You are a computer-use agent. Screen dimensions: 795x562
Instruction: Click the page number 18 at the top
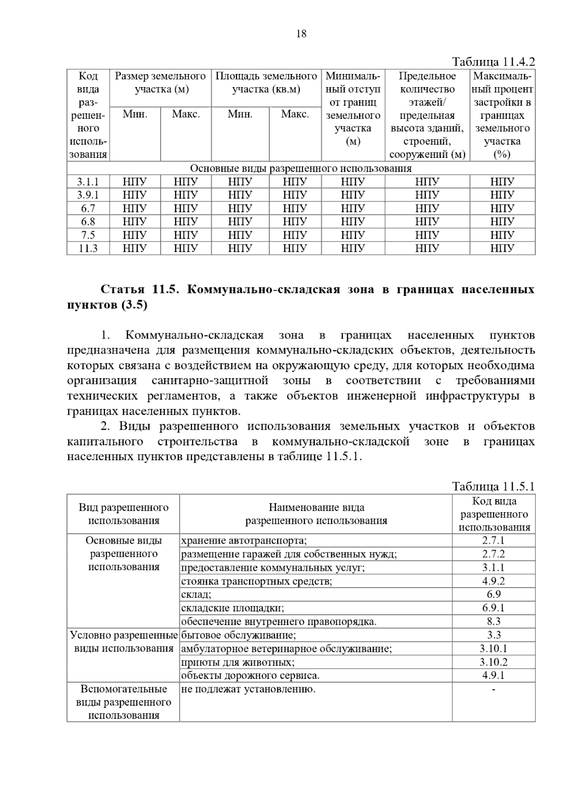[301, 34]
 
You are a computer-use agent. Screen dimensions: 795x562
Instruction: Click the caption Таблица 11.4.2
[493, 62]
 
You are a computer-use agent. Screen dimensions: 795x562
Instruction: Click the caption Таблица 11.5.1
[493, 486]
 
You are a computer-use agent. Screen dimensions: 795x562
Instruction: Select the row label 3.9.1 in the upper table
[88, 195]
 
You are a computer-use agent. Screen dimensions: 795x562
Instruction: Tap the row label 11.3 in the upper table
[88, 248]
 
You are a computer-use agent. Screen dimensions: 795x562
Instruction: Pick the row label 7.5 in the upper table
[88, 235]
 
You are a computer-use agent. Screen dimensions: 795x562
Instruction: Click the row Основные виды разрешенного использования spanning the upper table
[301, 168]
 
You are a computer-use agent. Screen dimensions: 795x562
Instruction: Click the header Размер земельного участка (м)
[160, 82]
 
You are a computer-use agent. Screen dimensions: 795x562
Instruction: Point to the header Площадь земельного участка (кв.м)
[266, 82]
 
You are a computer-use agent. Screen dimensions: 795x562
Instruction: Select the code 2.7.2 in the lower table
[494, 554]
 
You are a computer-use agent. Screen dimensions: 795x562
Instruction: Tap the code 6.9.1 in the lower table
[494, 608]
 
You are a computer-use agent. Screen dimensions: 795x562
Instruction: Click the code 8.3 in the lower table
[494, 621]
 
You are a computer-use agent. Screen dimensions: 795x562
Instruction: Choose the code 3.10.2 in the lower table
[494, 662]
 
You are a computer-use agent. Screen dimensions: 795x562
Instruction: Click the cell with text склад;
[196, 595]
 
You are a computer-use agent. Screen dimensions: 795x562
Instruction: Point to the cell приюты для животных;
[238, 662]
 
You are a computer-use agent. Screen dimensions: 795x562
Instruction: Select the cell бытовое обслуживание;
[238, 635]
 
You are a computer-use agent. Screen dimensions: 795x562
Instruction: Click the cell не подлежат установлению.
[248, 689]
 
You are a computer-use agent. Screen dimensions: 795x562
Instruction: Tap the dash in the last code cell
[494, 690]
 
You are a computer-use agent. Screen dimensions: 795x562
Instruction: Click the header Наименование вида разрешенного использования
[316, 514]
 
